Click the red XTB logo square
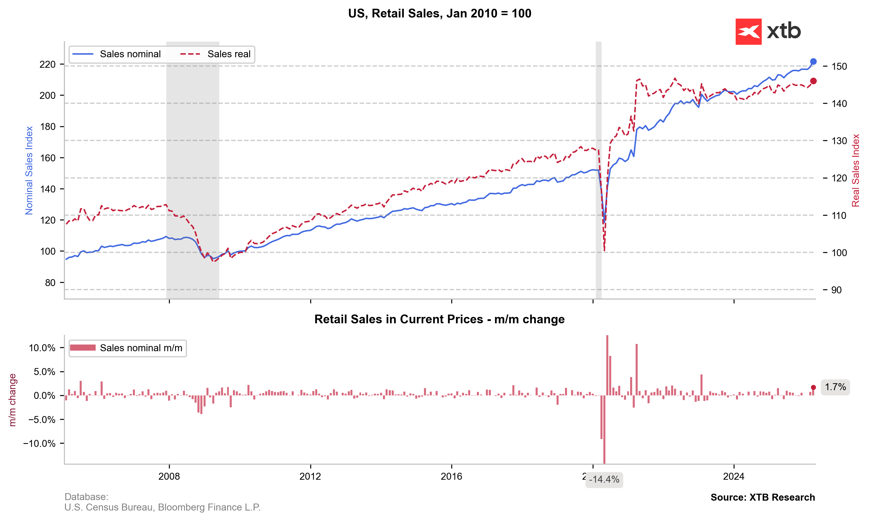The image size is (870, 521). tap(748, 32)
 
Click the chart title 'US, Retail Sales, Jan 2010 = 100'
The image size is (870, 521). tap(440, 13)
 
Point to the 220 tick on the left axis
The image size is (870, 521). tap(47, 64)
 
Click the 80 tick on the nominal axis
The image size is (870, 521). tap(50, 283)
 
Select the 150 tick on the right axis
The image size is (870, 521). tap(839, 66)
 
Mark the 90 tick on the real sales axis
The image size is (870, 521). tap(836, 290)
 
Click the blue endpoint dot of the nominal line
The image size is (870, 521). tap(813, 61)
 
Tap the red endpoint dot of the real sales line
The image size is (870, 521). tap(813, 81)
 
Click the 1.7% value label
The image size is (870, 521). tap(835, 387)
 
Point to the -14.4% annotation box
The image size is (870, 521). tap(604, 480)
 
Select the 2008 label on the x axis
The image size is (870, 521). tap(169, 477)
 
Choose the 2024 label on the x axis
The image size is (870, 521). tap(733, 477)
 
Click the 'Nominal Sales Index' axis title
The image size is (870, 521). tap(29, 170)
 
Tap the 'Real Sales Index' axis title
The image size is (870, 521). tap(855, 170)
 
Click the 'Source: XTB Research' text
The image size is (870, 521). tap(763, 497)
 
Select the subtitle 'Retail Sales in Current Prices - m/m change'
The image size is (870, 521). tap(439, 319)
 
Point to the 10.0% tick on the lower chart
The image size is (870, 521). tap(42, 348)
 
